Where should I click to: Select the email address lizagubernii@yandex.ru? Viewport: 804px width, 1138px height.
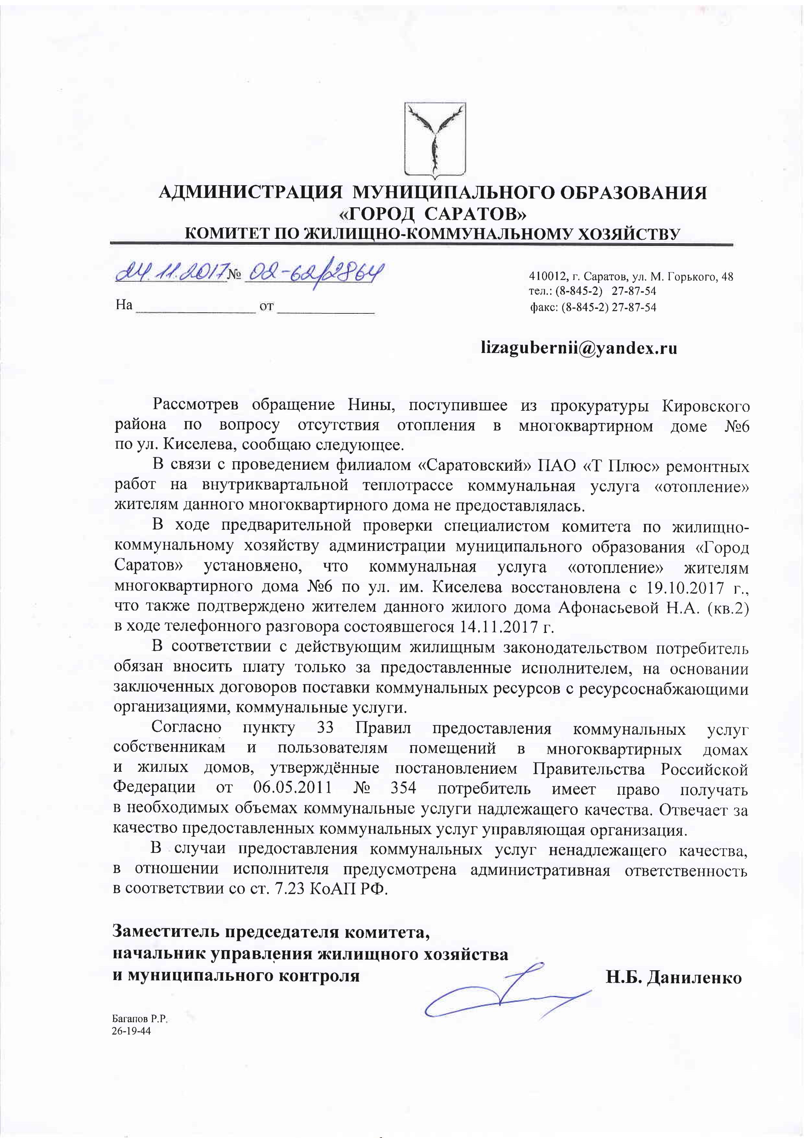579,348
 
